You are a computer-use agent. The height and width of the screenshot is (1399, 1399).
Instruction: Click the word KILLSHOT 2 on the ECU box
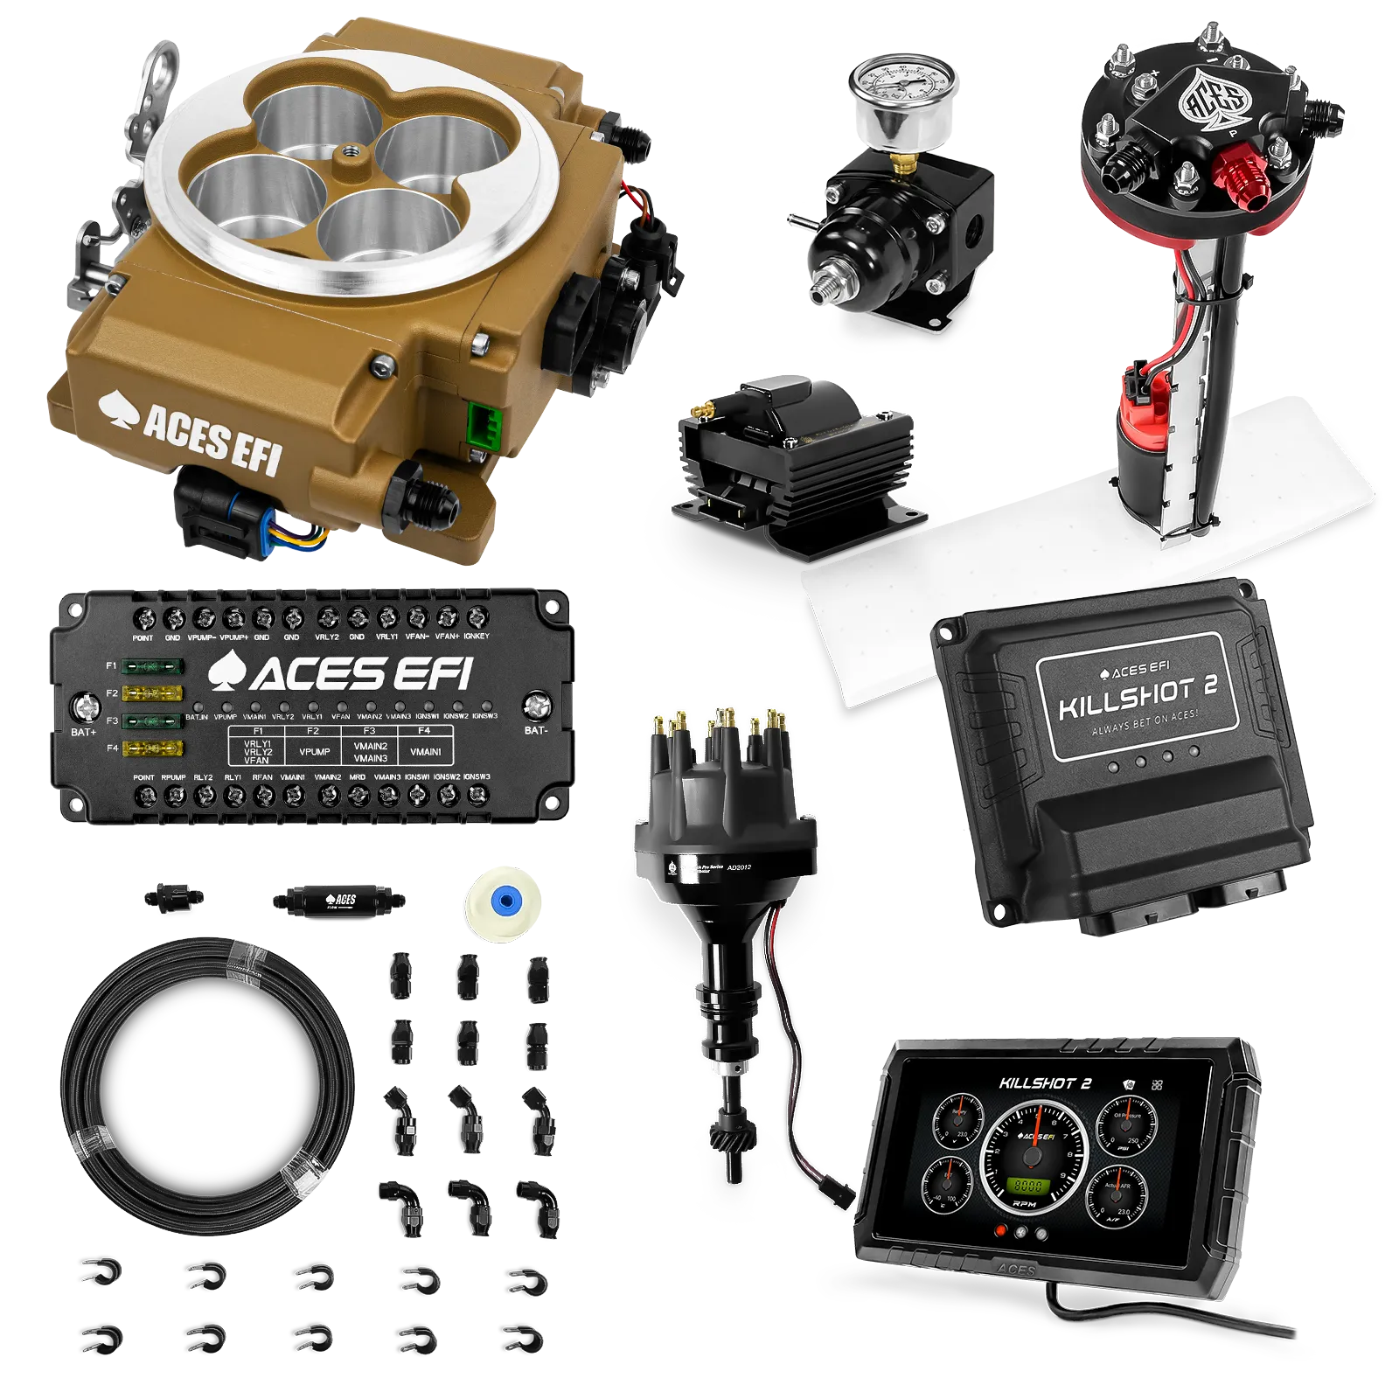(1137, 695)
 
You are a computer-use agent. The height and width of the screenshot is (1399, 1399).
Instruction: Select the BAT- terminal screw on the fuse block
(536, 705)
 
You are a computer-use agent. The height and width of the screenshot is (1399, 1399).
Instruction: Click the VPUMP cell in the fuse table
(314, 751)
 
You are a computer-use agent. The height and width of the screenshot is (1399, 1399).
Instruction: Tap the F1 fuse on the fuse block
(153, 667)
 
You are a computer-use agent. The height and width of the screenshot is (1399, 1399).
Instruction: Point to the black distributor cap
(725, 787)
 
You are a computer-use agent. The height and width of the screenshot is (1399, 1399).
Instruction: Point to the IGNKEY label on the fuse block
(477, 637)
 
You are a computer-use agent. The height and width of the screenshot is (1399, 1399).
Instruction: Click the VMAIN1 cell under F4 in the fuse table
(425, 751)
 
